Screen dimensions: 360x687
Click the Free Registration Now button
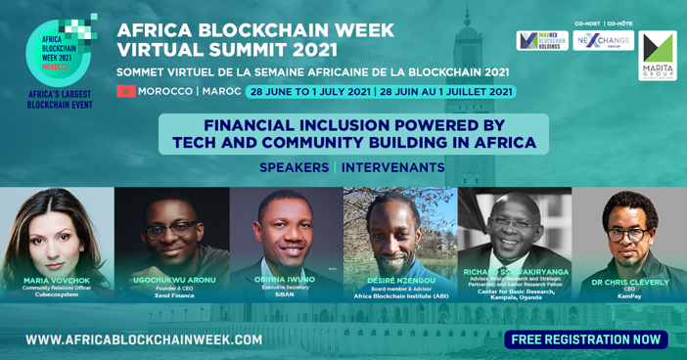pos(585,339)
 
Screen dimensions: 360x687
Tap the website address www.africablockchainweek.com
pos(144,339)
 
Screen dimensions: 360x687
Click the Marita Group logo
pos(658,56)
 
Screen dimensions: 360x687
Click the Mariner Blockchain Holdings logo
pos(542,41)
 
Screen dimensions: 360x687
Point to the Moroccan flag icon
pos(125,91)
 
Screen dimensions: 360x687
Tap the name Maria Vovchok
pos(57,280)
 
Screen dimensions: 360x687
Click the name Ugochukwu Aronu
pos(172,280)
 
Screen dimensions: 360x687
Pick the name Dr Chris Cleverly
pos(629,281)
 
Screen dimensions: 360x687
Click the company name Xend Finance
pos(172,294)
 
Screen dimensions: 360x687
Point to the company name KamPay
pos(629,296)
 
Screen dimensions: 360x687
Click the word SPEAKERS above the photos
pos(294,167)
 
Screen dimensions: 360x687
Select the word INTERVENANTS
pos(392,167)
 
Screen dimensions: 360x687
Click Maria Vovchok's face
pos(55,230)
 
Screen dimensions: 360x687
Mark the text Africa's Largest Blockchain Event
pos(59,99)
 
